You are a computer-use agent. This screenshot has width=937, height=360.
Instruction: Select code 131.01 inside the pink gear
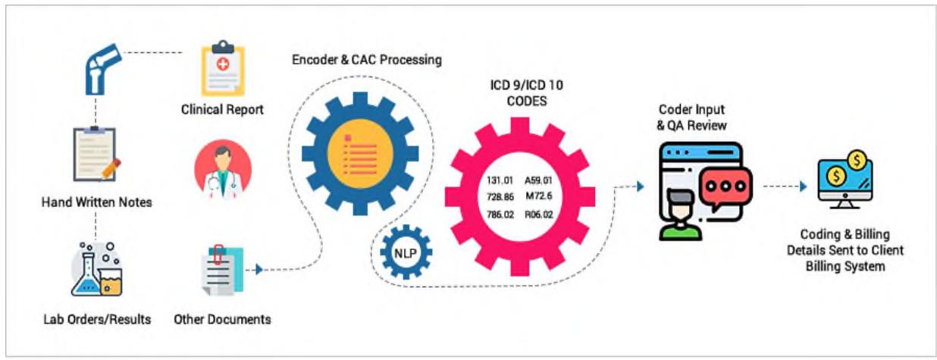pos(500,180)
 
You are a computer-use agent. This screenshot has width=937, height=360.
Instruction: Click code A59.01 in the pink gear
pos(540,180)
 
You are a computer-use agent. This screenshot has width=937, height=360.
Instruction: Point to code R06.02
pos(540,214)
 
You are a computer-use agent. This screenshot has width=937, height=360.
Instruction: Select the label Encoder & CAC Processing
pos(367,59)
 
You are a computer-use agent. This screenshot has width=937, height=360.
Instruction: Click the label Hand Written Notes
pos(97,202)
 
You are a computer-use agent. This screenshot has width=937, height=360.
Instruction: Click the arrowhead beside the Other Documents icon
pos(259,268)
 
